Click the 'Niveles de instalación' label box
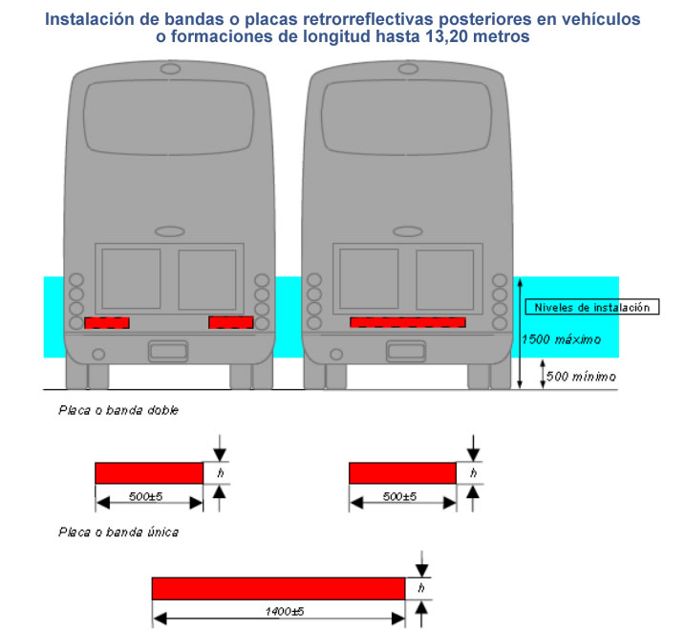[x=592, y=307]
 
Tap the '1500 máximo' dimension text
[x=562, y=339]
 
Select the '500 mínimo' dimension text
[x=581, y=377]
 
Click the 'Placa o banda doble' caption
[x=118, y=410]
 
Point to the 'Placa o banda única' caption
[x=118, y=533]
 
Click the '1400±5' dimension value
[x=285, y=611]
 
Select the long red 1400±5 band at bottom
[x=279, y=589]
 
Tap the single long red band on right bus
[x=408, y=322]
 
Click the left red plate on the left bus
[x=107, y=323]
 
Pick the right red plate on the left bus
[x=231, y=322]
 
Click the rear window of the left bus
[x=169, y=118]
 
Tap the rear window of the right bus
[x=407, y=118]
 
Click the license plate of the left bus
[x=168, y=351]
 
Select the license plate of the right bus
[x=406, y=351]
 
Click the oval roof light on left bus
[x=170, y=69]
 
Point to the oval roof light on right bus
[x=409, y=69]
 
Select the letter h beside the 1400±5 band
[x=421, y=588]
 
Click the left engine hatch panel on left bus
[x=131, y=279]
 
